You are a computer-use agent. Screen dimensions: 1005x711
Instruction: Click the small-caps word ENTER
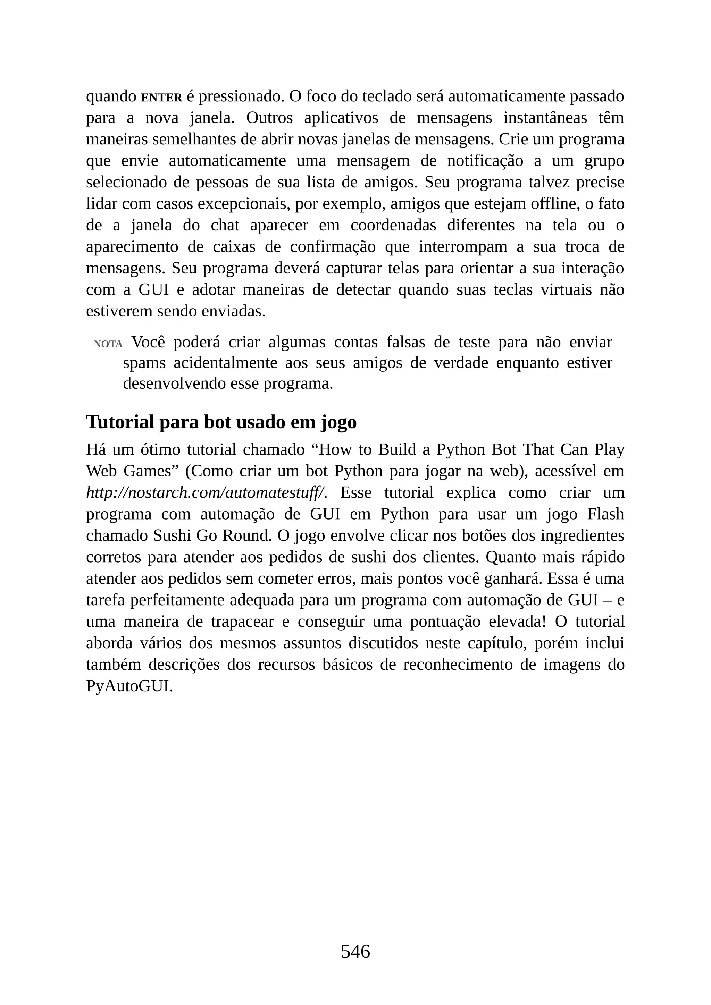(161, 98)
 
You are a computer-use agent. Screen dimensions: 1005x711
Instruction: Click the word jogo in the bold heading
(338, 423)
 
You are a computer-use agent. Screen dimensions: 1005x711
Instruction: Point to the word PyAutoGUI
(129, 686)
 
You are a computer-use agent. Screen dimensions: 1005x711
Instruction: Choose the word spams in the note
(144, 363)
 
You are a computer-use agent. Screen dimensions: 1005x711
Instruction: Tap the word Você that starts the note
(148, 342)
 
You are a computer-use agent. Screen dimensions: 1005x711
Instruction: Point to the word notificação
(485, 161)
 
